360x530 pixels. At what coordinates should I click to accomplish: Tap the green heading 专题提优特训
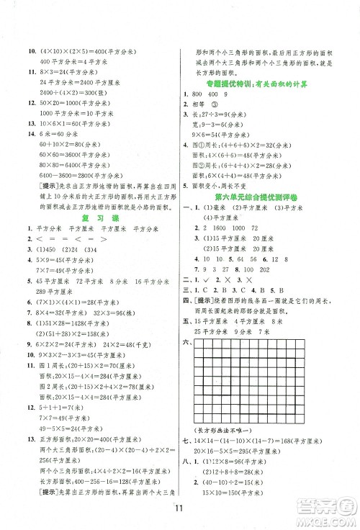[268, 85]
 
